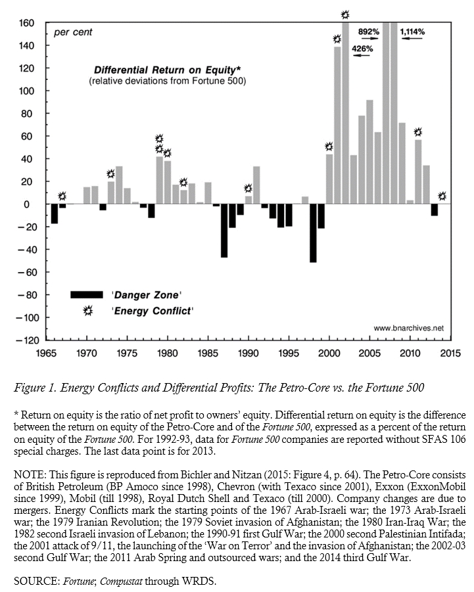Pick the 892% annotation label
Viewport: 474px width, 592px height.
click(x=369, y=32)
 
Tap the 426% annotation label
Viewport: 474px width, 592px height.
click(x=363, y=49)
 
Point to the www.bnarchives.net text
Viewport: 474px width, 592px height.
click(x=408, y=327)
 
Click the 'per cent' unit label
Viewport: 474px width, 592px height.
click(x=73, y=32)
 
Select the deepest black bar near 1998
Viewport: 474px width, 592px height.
click(x=313, y=233)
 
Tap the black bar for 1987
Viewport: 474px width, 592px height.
click(x=224, y=231)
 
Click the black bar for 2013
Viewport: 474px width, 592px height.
click(x=434, y=210)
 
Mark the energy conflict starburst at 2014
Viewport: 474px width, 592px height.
click(x=442, y=196)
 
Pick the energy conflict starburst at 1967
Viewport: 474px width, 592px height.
click(x=62, y=196)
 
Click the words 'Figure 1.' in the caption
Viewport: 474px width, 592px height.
click(x=34, y=388)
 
